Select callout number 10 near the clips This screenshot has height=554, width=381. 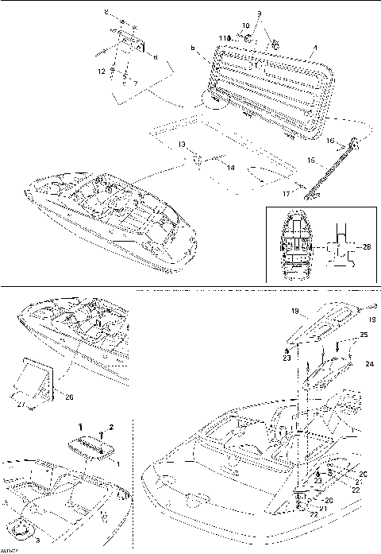click(x=245, y=25)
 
